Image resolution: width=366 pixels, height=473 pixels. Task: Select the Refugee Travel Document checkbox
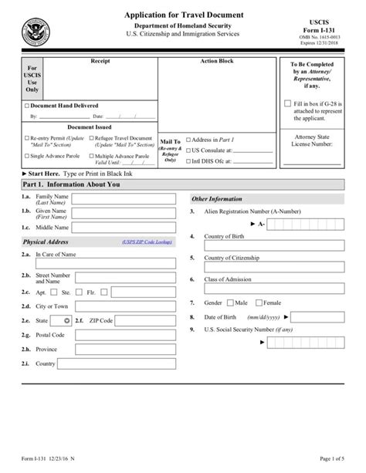(91, 138)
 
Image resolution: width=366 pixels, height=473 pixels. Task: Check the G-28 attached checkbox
(288, 103)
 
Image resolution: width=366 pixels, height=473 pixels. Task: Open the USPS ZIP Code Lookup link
(147, 242)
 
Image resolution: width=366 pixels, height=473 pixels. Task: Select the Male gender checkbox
(229, 303)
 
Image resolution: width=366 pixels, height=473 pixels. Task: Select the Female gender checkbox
(259, 303)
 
